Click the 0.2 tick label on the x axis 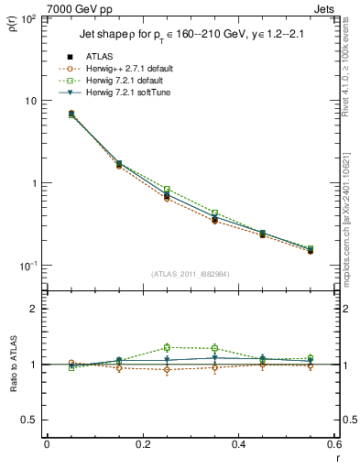142,445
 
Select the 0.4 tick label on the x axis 238,445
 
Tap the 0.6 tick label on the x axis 332,445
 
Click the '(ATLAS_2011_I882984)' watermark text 191,274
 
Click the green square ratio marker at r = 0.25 167,347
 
